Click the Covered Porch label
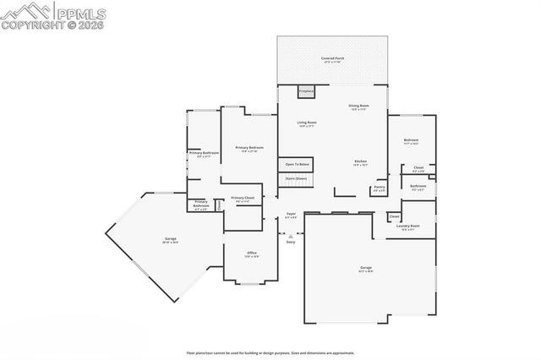331,60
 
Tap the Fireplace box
306,90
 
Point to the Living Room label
306,124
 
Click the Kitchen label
360,163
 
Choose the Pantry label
380,188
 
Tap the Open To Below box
297,164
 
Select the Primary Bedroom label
248,150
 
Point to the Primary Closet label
243,199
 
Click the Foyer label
290,215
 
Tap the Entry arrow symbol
290,236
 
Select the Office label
251,254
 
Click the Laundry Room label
409,227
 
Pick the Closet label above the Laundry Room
394,217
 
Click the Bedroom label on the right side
411,141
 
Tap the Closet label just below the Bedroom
418,169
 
